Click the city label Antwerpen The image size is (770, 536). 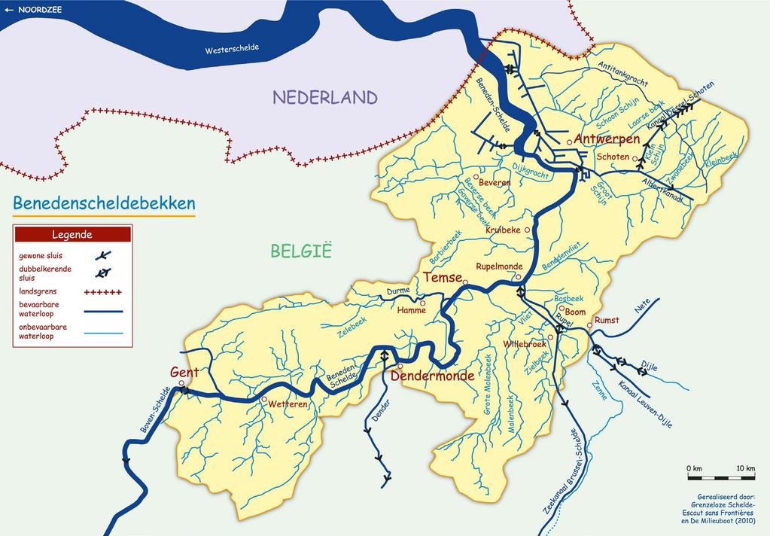(607, 139)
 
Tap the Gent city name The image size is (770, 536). (184, 373)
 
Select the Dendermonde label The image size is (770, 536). (436, 376)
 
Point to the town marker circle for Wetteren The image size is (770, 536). (264, 398)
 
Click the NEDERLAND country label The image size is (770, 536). (324, 97)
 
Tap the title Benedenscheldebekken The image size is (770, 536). (104, 203)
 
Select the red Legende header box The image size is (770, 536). (72, 234)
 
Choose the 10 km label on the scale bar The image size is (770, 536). (745, 469)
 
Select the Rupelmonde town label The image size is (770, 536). (498, 266)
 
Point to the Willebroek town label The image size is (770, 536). (525, 344)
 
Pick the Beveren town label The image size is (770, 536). (495, 182)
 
